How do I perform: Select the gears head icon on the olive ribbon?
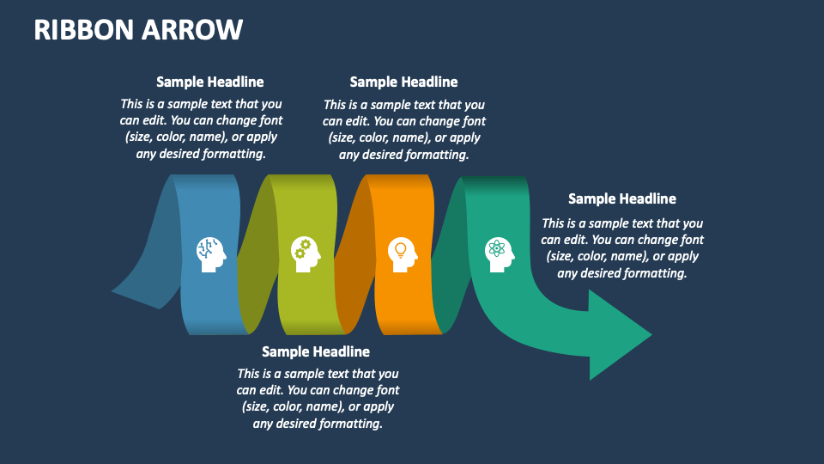306,253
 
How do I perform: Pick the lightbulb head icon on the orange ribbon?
401,253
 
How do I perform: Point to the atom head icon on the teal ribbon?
499,254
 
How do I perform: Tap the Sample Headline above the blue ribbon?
209,82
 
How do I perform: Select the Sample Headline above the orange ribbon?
403,82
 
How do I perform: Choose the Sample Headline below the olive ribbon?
316,351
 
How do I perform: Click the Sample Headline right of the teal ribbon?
622,199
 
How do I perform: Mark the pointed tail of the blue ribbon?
120,291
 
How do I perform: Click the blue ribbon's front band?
210,301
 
